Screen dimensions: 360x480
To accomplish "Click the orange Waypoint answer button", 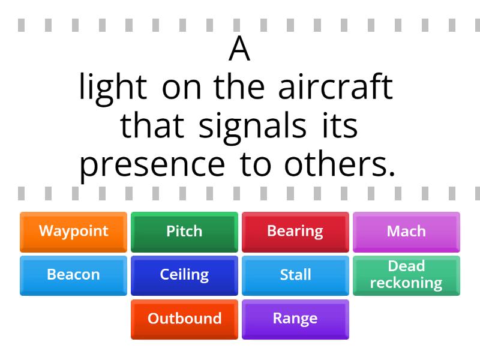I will pyautogui.click(x=73, y=231).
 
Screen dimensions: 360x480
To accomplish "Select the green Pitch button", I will pyautogui.click(x=184, y=231).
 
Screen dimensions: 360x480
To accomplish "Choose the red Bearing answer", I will pyautogui.click(x=295, y=231).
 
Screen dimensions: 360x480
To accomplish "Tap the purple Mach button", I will pyautogui.click(x=406, y=231).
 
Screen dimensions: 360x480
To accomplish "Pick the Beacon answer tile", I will pyautogui.click(x=73, y=275).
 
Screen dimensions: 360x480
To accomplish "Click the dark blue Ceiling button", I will pyautogui.click(x=184, y=275).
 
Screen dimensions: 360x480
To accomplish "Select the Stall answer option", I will pyautogui.click(x=295, y=275).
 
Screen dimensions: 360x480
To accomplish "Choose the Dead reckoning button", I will pyautogui.click(x=406, y=275).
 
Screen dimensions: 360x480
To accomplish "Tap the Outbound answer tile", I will pyautogui.click(x=184, y=319).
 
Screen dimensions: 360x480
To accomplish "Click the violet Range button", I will pyautogui.click(x=295, y=319).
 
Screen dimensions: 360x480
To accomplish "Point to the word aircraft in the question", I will pyautogui.click(x=335, y=88).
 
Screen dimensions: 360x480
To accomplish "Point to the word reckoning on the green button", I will pyautogui.click(x=406, y=283).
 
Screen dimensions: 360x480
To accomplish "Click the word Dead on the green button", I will pyautogui.click(x=406, y=266).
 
